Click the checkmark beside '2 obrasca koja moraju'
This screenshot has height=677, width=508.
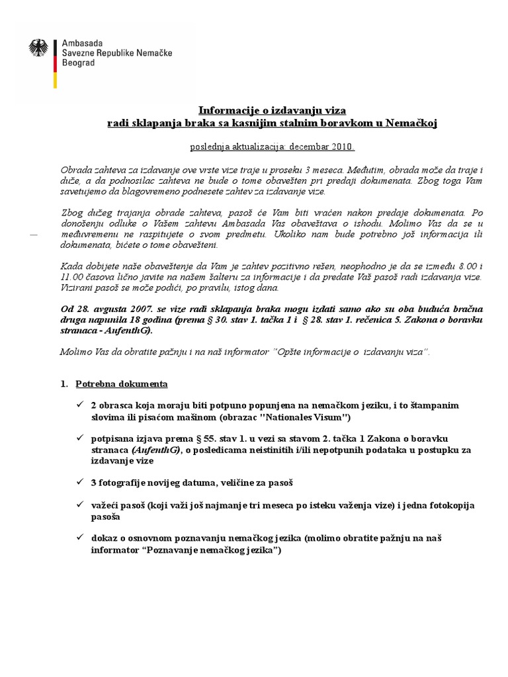coord(80,403)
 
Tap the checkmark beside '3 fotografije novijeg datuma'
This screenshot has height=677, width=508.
coord(80,482)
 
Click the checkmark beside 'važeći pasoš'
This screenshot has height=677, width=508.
coord(80,505)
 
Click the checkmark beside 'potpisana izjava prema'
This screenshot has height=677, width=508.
coord(80,437)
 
